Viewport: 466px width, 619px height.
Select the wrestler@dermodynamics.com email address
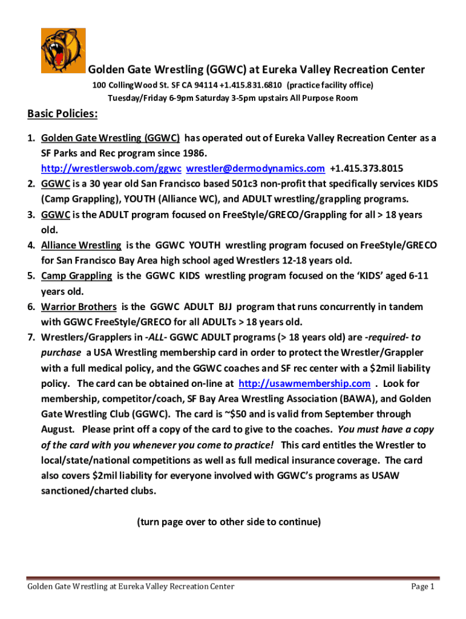click(255, 167)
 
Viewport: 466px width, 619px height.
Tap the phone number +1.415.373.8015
click(367, 167)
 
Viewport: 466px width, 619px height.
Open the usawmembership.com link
click(304, 383)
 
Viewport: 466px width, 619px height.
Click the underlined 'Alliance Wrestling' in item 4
click(81, 245)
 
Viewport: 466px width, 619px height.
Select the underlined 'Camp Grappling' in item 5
click(76, 276)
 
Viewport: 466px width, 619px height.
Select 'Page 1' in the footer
click(422, 586)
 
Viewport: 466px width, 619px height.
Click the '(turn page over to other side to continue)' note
click(229, 521)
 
